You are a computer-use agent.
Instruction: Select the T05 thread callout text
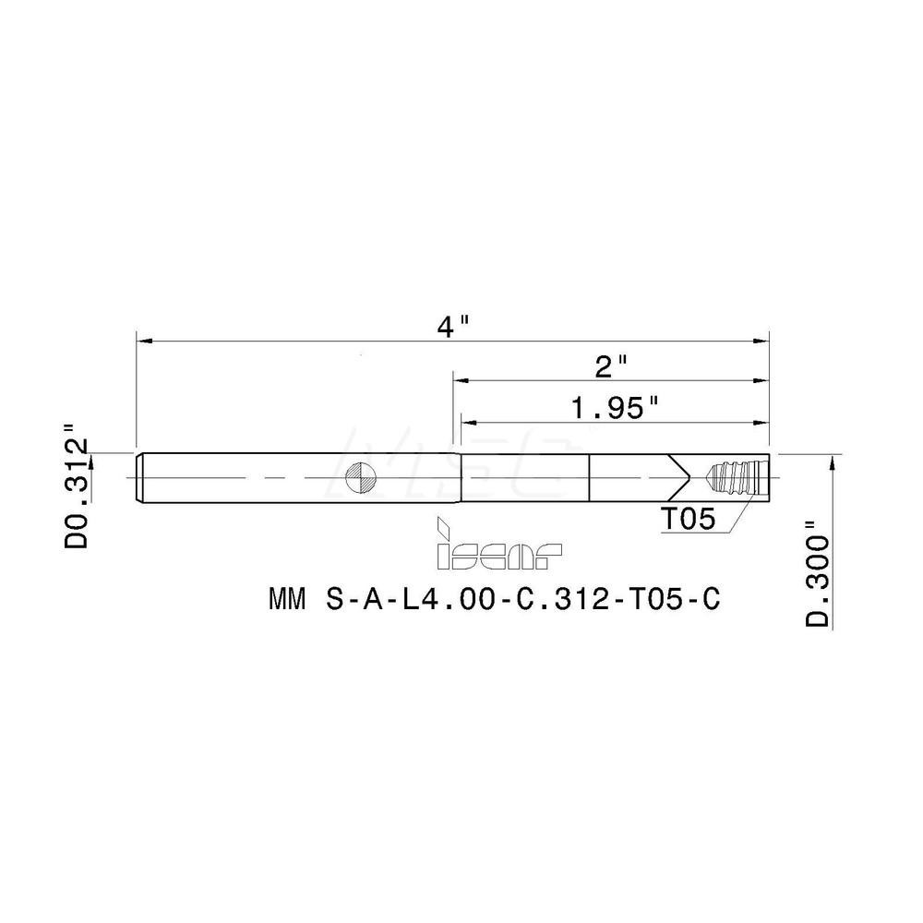687,521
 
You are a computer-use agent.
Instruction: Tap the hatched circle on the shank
360,478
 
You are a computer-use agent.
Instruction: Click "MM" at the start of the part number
287,600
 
